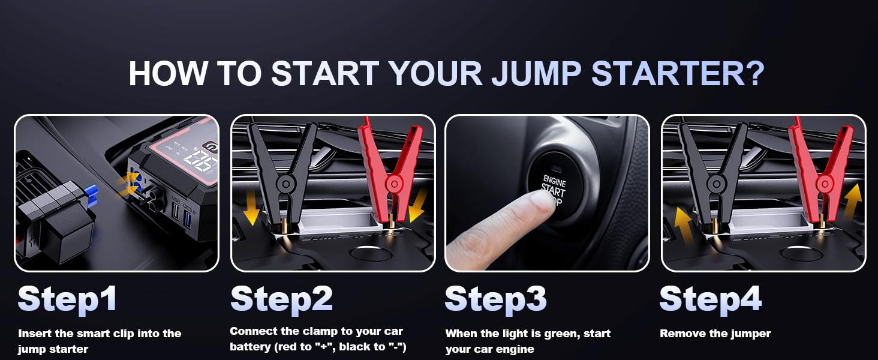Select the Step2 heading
pyautogui.click(x=281, y=298)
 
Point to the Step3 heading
pyautogui.click(x=495, y=298)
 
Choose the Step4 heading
pyautogui.click(x=710, y=298)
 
